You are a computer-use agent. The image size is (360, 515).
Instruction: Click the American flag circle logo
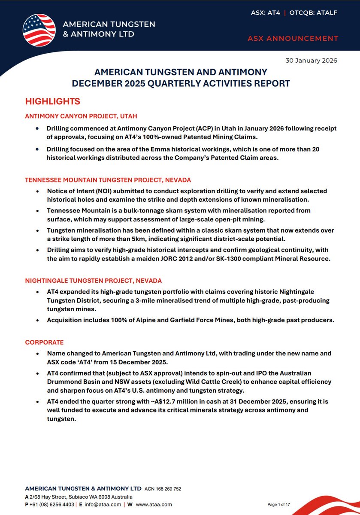39,30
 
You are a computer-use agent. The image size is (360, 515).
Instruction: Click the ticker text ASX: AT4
266,13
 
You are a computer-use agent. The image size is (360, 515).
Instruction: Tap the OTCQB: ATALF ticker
313,13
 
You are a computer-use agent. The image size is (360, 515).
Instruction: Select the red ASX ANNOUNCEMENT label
293,39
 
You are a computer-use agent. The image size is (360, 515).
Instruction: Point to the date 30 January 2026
311,61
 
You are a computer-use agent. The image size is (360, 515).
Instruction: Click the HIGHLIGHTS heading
52,102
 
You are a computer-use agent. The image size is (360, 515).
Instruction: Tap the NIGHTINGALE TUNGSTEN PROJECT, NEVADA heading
94,281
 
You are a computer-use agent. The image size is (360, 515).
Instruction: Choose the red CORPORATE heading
44,342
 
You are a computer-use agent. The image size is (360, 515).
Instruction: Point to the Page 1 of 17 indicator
279,505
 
